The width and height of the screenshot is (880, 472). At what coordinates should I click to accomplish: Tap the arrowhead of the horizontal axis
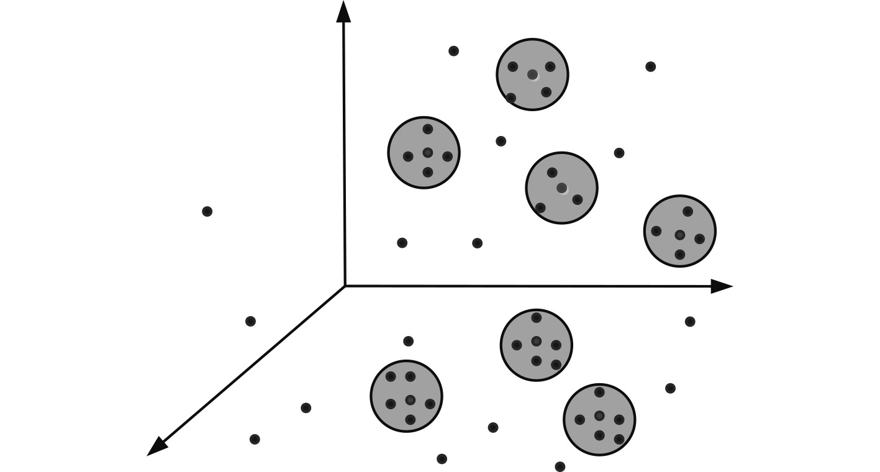tap(722, 286)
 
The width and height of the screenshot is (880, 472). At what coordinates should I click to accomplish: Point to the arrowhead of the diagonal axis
tap(156, 447)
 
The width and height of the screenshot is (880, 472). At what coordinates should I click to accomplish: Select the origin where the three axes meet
tap(345, 286)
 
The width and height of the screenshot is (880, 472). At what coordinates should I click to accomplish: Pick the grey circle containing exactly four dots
tap(561, 188)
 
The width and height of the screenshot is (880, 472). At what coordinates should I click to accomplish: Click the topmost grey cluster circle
tap(532, 75)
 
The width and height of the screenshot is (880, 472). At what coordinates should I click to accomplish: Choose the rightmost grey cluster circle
tap(679, 231)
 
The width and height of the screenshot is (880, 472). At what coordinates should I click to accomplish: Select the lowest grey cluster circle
tap(599, 419)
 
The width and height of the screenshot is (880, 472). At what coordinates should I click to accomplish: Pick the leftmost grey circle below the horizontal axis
tap(406, 396)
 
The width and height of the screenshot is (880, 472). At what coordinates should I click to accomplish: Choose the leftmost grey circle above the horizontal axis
tap(424, 152)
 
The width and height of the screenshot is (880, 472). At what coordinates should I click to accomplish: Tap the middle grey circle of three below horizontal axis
tap(536, 345)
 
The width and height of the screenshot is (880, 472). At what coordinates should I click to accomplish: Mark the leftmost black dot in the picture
tap(207, 212)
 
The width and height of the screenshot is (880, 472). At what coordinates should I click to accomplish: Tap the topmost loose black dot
tap(453, 51)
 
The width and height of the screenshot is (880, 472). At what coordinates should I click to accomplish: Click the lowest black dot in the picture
tap(560, 466)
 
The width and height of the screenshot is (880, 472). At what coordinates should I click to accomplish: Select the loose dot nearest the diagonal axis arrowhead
tap(255, 439)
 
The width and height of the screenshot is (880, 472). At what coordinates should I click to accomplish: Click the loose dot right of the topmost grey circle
tap(650, 66)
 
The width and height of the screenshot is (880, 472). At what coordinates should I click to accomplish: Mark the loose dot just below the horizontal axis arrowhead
tap(689, 321)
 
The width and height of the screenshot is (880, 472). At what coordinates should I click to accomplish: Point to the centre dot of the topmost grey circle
tap(532, 75)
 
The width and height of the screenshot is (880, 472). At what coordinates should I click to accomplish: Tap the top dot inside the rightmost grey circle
tap(687, 211)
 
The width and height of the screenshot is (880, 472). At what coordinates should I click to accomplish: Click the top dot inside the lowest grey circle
tap(599, 393)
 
